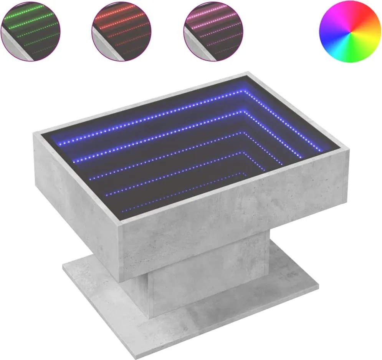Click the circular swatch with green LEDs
(31, 30)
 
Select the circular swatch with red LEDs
(121, 30)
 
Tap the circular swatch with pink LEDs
(213, 30)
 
